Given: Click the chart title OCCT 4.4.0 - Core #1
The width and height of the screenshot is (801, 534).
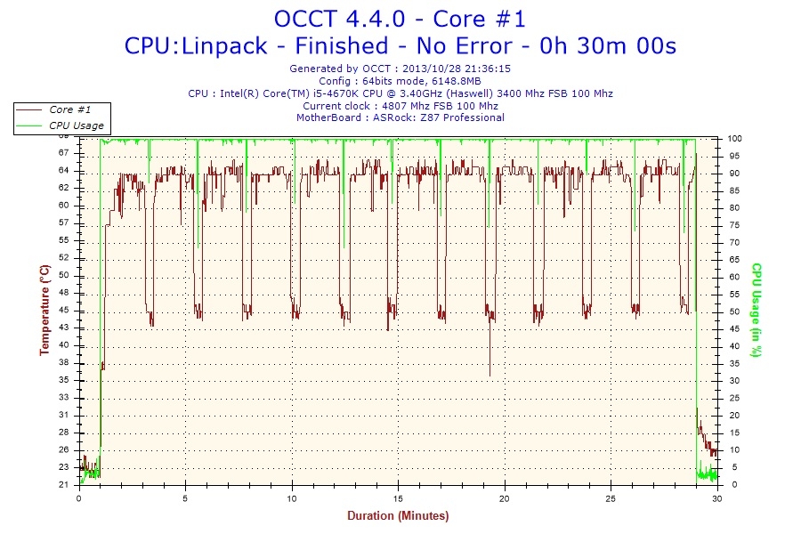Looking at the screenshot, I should (400, 19).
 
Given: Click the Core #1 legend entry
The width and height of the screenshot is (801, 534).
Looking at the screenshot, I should (69, 109).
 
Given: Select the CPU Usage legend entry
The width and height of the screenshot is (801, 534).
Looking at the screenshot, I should (76, 125).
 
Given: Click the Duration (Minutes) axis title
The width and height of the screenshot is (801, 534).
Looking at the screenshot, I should (398, 516).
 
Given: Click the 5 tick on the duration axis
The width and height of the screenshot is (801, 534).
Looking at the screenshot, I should (185, 498).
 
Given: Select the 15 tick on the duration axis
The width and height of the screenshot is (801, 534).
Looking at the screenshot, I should (398, 498).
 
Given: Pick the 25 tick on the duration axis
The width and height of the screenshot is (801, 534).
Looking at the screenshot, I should (611, 498).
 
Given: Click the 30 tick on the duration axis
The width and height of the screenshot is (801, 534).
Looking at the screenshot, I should (717, 498).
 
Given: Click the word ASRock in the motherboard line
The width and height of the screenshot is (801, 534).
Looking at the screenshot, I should (392, 117).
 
